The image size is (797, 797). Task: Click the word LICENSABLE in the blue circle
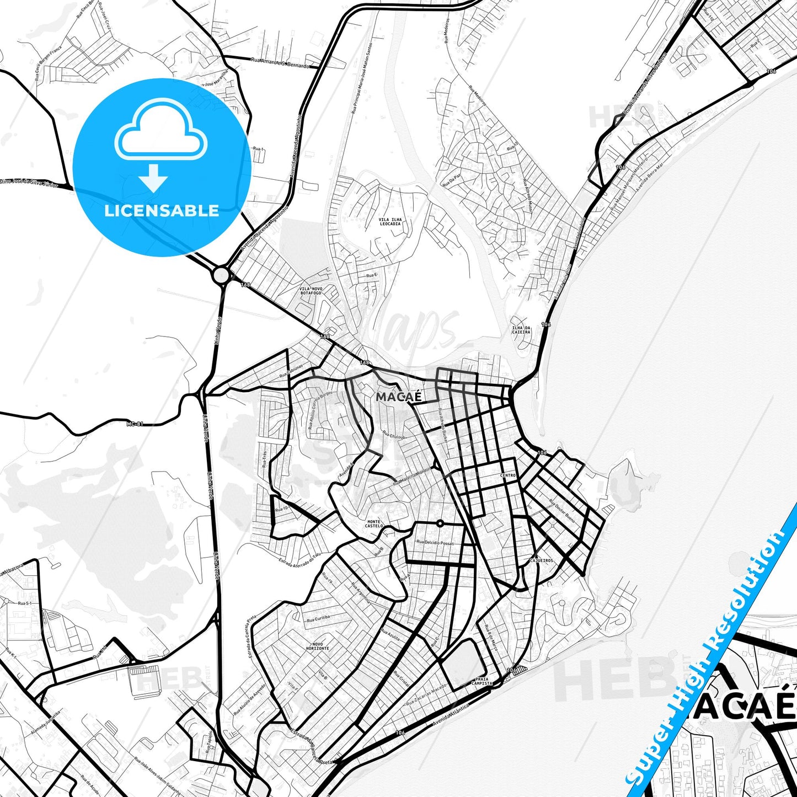click(162, 211)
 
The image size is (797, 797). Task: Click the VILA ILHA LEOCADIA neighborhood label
click(391, 222)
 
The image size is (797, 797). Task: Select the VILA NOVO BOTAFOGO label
click(311, 291)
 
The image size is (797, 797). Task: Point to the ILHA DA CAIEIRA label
click(521, 330)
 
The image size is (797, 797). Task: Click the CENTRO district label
click(508, 475)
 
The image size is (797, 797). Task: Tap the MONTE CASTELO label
click(374, 523)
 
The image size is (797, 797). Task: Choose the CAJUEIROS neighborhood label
click(541, 560)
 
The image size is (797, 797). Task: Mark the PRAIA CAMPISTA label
click(482, 681)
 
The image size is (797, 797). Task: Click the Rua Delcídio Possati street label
click(436, 543)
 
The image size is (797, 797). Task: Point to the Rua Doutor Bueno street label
click(561, 511)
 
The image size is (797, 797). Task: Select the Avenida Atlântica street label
click(451, 714)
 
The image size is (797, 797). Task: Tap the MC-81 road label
click(135, 424)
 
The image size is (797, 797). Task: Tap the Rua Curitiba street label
click(318, 618)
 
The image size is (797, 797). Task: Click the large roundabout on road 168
click(221, 275)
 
